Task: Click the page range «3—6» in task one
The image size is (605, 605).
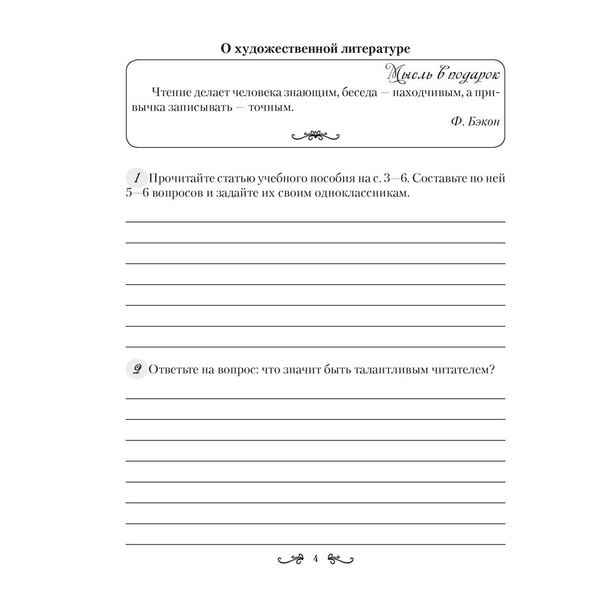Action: [x=396, y=178]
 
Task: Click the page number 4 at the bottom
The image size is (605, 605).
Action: [x=315, y=558]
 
